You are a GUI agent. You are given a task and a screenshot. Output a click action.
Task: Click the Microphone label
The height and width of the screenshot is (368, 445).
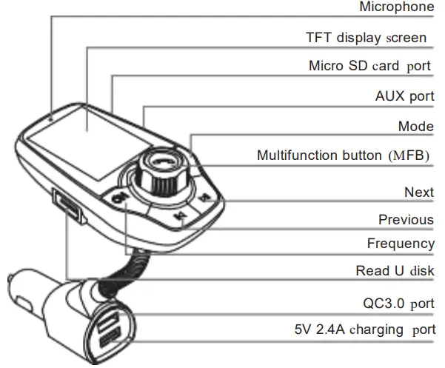tap(396, 7)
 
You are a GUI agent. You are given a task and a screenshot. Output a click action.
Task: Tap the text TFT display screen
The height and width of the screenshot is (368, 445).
tap(366, 38)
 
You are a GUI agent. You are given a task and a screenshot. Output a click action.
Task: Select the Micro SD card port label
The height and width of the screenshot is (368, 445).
tap(369, 66)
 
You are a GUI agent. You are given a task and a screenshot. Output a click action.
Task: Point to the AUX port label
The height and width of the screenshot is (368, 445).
tap(404, 96)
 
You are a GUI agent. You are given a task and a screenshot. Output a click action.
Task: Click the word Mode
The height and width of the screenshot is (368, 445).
tap(415, 127)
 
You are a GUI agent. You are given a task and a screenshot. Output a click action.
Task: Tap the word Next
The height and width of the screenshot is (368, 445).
tap(418, 193)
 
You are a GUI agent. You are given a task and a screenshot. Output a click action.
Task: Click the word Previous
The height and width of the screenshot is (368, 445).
tap(406, 220)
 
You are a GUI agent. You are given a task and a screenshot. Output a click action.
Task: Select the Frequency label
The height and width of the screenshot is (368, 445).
tap(401, 244)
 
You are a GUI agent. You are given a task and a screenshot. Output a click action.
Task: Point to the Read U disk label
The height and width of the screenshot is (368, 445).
tap(395, 271)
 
